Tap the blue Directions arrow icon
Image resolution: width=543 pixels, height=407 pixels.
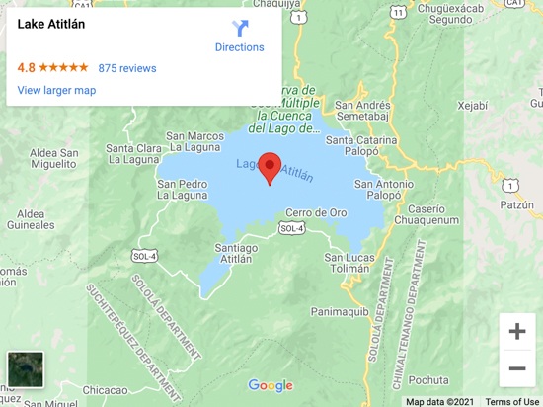pos(240,29)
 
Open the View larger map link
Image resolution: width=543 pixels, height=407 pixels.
pos(56,90)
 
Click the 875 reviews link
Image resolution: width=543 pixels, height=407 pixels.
pos(127,68)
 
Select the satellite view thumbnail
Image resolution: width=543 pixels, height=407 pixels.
pos(25,370)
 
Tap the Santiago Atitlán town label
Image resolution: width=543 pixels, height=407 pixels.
pos(236,253)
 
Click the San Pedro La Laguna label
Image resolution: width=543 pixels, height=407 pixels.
pos(183,190)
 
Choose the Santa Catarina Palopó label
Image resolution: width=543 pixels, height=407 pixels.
pos(362,146)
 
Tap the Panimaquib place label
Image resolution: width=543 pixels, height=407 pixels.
pos(340,311)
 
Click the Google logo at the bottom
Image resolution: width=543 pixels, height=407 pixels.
pos(271,386)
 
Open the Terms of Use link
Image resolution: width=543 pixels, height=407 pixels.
pos(511,401)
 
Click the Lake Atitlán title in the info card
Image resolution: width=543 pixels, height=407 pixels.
pos(51,24)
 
